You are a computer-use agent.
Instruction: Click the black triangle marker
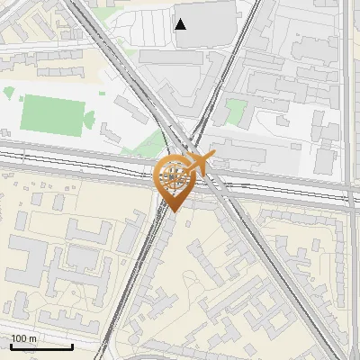[181, 24]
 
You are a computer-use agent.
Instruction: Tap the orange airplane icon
[201, 163]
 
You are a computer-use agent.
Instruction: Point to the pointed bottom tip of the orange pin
[172, 211]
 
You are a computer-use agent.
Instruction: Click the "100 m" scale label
[25, 338]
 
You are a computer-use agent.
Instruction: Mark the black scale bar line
[41, 346]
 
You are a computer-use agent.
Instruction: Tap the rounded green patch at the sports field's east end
[89, 117]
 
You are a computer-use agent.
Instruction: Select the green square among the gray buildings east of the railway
[235, 112]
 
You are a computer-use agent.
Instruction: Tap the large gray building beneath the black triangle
[184, 72]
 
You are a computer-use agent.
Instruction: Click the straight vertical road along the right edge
[347, 90]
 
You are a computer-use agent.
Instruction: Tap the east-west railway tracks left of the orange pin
[72, 162]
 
